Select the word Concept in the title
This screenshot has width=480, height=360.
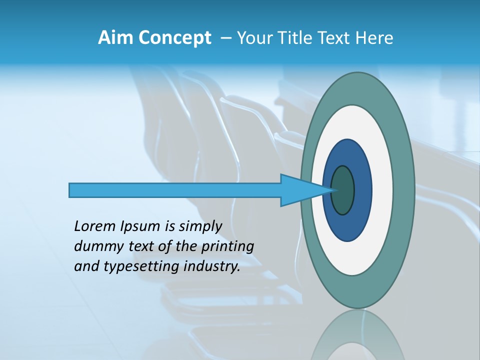click(x=174, y=38)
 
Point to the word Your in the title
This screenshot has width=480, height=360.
click(x=254, y=38)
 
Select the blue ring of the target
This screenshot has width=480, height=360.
click(x=362, y=190)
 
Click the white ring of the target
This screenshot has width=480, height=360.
click(x=382, y=190)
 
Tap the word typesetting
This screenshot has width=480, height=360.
click(x=142, y=267)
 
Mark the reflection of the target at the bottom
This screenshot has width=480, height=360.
click(x=357, y=337)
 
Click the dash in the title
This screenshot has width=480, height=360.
click(x=226, y=38)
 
